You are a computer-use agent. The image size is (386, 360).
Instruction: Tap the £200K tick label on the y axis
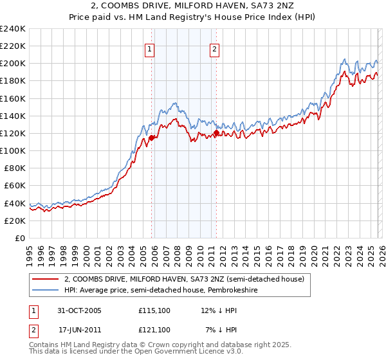12,64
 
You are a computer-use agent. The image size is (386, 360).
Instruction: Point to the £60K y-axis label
14,185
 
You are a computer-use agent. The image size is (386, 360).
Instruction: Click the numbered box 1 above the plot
149,49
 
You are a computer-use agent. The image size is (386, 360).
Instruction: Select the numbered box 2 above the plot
214,49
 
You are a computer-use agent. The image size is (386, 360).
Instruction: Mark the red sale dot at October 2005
152,138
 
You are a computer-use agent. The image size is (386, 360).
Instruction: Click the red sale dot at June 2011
216,133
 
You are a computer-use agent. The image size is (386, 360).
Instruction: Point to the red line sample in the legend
46,279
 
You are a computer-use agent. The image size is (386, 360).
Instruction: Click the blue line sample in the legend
46,290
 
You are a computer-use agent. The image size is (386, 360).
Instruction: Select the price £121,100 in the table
154,329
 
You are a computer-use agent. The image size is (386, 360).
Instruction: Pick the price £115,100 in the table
154,310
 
